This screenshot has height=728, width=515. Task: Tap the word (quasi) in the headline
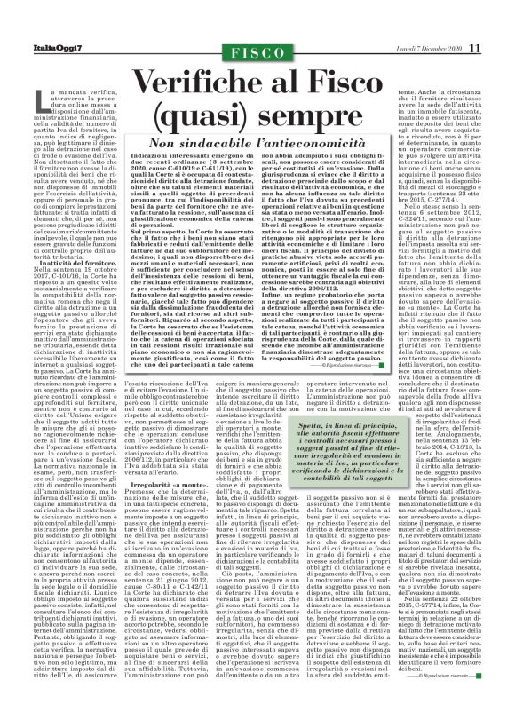[x=218, y=120]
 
